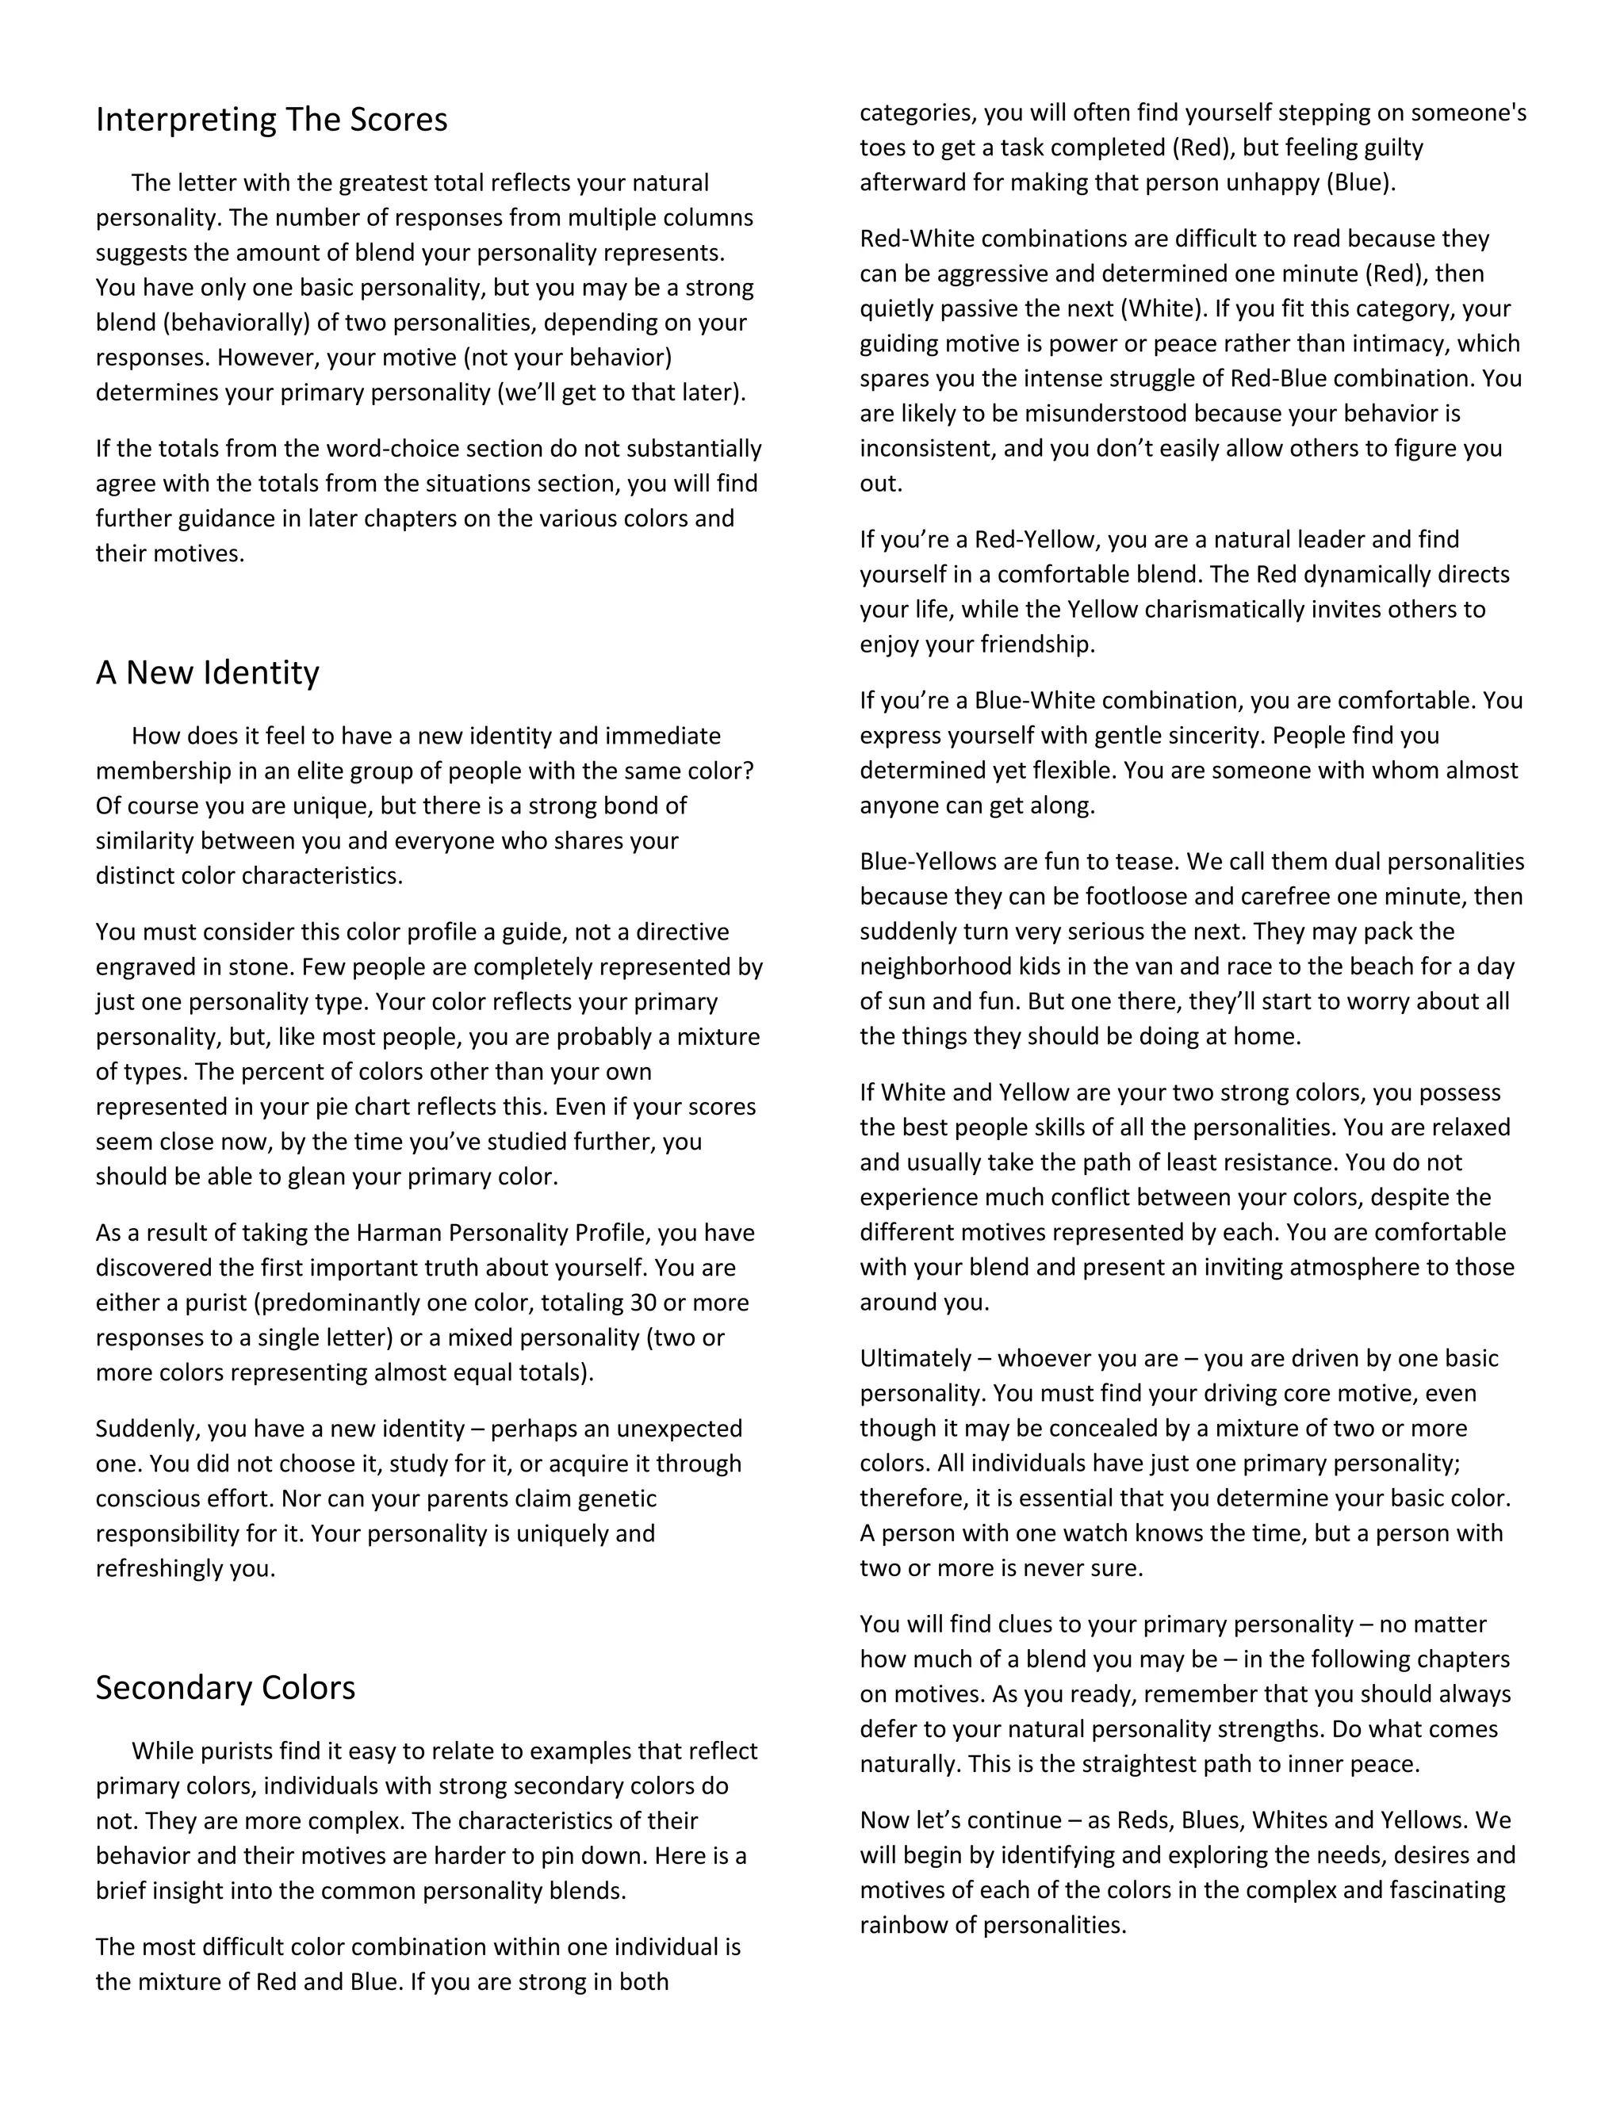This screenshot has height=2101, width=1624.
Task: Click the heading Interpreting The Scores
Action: point(271,119)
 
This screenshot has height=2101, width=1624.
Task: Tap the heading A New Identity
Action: point(207,672)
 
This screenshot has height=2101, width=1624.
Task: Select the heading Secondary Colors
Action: point(225,1686)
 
